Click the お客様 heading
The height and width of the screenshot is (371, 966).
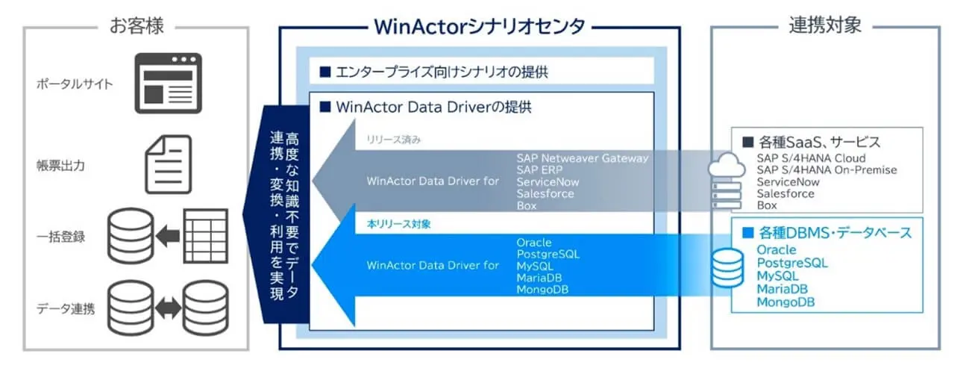pyautogui.click(x=137, y=27)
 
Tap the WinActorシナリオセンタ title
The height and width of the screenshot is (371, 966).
pyautogui.click(x=479, y=27)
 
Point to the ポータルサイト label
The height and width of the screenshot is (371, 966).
pyautogui.click(x=75, y=84)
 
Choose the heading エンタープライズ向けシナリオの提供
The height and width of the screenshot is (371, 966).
pyautogui.click(x=439, y=72)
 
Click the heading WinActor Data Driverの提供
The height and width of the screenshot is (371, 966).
pyautogui.click(x=429, y=107)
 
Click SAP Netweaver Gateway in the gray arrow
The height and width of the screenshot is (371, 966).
pyautogui.click(x=582, y=158)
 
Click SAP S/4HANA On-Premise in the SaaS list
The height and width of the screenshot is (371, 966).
pyautogui.click(x=826, y=170)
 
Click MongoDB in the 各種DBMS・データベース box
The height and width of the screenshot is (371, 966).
pyautogui.click(x=785, y=302)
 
